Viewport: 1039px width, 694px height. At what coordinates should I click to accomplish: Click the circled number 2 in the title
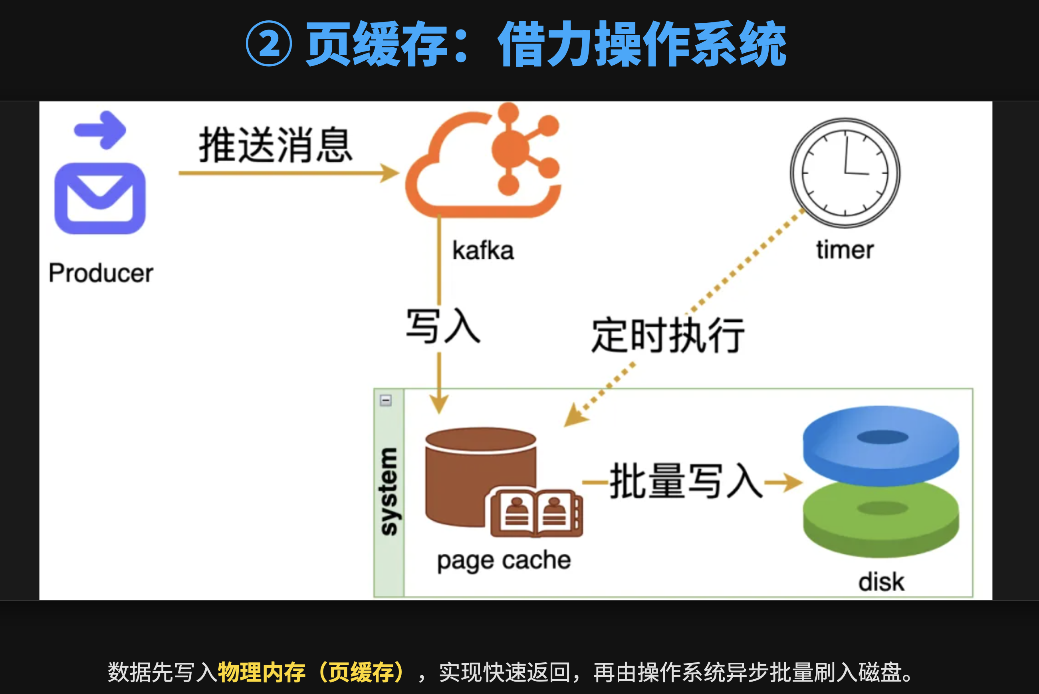pos(269,44)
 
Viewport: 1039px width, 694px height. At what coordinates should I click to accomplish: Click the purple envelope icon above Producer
pos(100,198)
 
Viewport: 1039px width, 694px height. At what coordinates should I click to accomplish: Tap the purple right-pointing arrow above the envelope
pos(101,130)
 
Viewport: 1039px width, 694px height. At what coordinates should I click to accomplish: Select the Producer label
pos(101,273)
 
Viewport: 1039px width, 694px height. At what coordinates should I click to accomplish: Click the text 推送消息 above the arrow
pos(275,145)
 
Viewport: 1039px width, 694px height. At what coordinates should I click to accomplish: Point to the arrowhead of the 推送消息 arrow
pos(390,173)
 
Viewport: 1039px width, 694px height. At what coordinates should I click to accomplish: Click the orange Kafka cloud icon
pos(482,164)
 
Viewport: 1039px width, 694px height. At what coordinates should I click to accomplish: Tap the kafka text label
pos(483,250)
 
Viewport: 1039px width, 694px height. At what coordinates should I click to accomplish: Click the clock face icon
pos(845,173)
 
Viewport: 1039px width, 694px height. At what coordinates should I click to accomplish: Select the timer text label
pos(845,250)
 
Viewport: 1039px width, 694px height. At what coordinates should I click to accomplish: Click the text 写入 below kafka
pos(443,327)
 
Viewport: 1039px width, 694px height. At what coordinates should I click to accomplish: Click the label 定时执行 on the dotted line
pos(668,335)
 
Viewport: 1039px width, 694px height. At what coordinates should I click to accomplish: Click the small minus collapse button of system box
pos(385,401)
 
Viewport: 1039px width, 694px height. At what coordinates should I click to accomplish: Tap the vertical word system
pos(389,491)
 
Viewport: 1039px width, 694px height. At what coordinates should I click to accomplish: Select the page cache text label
pos(504,561)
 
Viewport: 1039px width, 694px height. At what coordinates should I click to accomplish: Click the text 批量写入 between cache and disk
pos(686,482)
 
